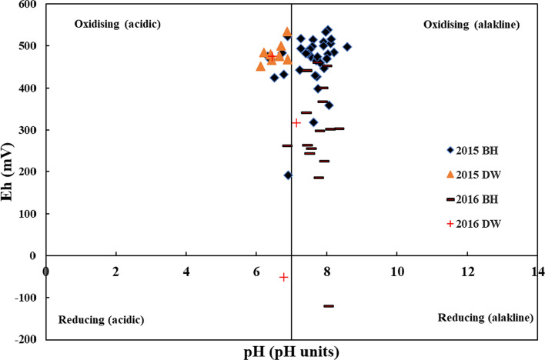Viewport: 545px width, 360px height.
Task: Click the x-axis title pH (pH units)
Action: pyautogui.click(x=290, y=351)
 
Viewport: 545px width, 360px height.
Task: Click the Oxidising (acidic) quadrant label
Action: pyautogui.click(x=117, y=24)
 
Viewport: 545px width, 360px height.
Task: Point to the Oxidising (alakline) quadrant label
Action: pyautogui.click(x=472, y=25)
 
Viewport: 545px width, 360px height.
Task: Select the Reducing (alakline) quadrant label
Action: pyautogui.click(x=485, y=318)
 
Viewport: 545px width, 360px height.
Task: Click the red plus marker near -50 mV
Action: pyautogui.click(x=283, y=277)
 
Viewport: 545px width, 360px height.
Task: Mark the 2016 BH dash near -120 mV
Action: pyautogui.click(x=329, y=306)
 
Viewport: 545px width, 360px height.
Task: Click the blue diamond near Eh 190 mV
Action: pyautogui.click(x=288, y=175)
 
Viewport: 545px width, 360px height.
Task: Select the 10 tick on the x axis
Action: pyautogui.click(x=397, y=272)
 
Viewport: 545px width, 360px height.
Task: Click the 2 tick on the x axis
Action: pyautogui.click(x=116, y=272)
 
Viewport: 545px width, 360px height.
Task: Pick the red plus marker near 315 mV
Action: pyautogui.click(x=296, y=123)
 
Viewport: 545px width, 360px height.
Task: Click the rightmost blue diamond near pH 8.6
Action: pyautogui.click(x=347, y=47)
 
